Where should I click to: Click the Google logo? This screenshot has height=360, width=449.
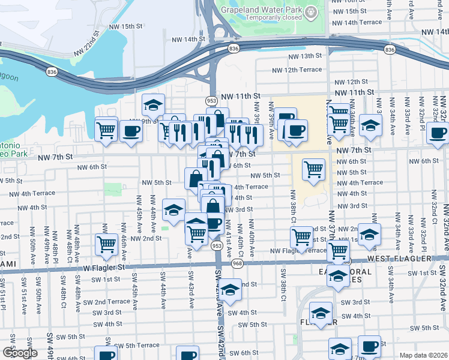[x=20, y=353]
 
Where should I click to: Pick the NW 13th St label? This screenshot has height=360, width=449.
[x=307, y=56]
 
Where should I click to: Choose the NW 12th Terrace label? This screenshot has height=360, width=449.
[x=303, y=70]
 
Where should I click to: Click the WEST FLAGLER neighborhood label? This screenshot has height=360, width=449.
[x=399, y=259]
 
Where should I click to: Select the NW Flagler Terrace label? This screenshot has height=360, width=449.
[x=298, y=251]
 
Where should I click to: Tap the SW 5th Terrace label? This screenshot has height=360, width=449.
[x=137, y=346]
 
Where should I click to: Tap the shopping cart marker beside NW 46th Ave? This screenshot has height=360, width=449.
[x=106, y=244]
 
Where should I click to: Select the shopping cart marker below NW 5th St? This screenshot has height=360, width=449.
[x=313, y=170]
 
